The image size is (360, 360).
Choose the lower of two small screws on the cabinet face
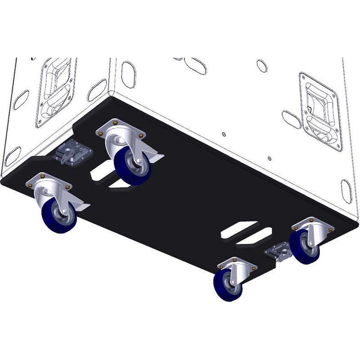click(269, 158)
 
